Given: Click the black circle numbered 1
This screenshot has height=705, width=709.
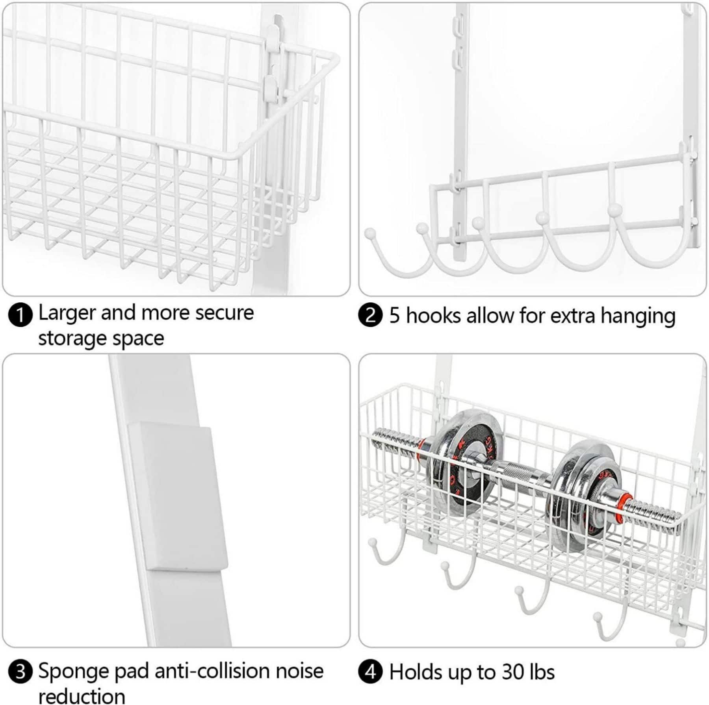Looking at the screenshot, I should pyautogui.click(x=20, y=316).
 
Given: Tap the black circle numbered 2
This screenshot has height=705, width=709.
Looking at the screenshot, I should pyautogui.click(x=370, y=315).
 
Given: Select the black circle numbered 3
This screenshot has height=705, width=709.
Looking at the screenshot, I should pyautogui.click(x=20, y=672).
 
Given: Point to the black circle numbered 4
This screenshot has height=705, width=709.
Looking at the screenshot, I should pyautogui.click(x=370, y=672).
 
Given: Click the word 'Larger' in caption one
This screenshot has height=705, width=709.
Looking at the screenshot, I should pyautogui.click(x=67, y=313).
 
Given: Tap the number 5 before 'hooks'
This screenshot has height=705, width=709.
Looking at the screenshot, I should pyautogui.click(x=394, y=316).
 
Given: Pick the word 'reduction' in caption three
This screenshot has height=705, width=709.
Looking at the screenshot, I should pyautogui.click(x=82, y=696).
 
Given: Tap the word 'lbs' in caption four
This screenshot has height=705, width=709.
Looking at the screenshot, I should pyautogui.click(x=542, y=672).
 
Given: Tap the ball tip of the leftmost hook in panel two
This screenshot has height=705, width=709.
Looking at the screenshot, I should pyautogui.click(x=370, y=233).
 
